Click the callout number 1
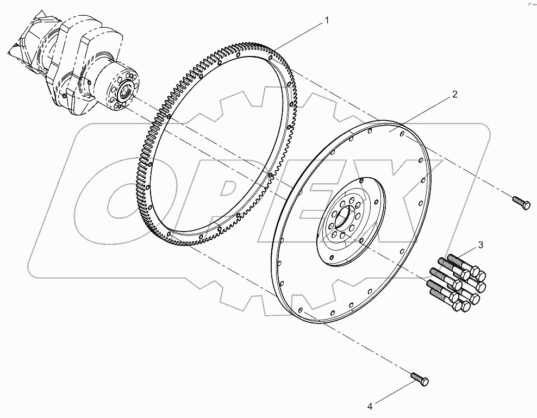pyautogui.click(x=327, y=20)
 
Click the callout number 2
pyautogui.click(x=454, y=94)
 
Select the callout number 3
pyautogui.click(x=480, y=245)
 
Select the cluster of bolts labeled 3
pyautogui.click(x=457, y=283)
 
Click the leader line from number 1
pyautogui.click(x=302, y=33)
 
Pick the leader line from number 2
pyautogui.click(x=424, y=111)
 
